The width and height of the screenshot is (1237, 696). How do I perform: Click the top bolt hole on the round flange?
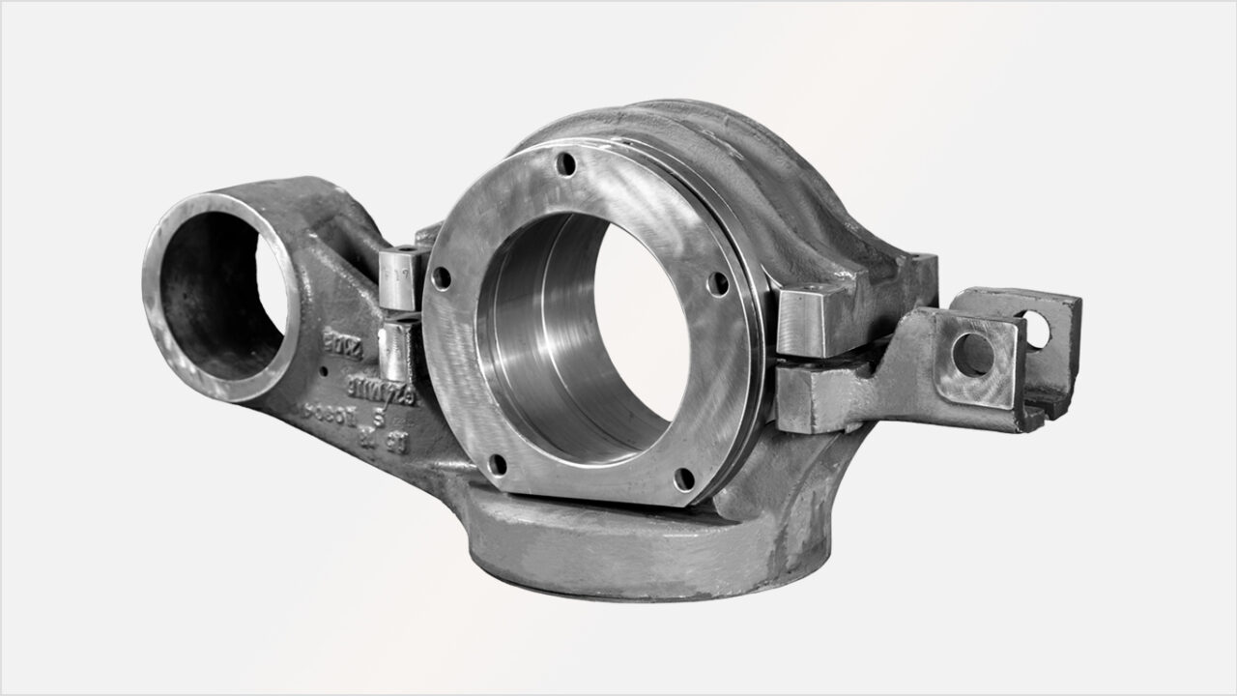pos(567,164)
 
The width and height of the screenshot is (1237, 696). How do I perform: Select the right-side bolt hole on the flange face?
pos(718,282)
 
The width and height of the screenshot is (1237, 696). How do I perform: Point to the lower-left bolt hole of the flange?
pos(497,465)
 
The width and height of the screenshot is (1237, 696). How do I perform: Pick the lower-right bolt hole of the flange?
pos(683,478)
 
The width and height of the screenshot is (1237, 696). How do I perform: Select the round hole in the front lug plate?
pos(971,355)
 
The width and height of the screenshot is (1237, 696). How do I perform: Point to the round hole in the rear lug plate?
pos(1034,331)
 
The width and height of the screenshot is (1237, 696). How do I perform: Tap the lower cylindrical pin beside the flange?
pos(396,352)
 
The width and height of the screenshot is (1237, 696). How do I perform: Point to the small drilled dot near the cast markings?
pos(326,370)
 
